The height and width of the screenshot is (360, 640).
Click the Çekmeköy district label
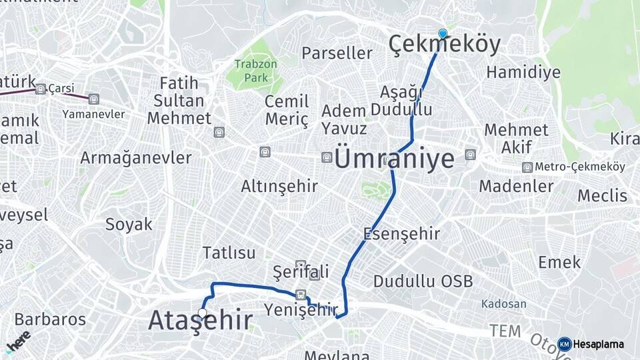tap(444, 45)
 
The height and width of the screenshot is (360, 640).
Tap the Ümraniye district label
tap(394, 159)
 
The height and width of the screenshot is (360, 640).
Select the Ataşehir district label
tap(200, 321)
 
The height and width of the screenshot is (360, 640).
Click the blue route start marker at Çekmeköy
tap(443, 33)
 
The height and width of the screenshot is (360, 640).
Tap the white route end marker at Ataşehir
tap(202, 312)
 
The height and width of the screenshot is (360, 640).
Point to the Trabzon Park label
tap(251, 71)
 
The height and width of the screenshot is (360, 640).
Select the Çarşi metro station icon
tap(41, 89)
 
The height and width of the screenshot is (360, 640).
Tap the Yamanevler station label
tap(93, 114)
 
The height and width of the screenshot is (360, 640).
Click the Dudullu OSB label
tap(423, 281)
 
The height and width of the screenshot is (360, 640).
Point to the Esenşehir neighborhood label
tap(401, 233)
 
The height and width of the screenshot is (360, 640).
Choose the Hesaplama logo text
tap(597, 345)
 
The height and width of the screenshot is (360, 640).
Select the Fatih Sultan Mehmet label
tap(179, 101)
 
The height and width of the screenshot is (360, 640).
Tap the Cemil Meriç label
tap(287, 110)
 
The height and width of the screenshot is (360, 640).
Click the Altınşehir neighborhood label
tap(279, 186)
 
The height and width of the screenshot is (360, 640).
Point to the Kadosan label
tap(503, 304)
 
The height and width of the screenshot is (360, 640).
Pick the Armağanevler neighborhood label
tap(135, 158)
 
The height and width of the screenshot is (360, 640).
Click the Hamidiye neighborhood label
tap(523, 72)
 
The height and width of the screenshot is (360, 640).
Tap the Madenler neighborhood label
tap(516, 186)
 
